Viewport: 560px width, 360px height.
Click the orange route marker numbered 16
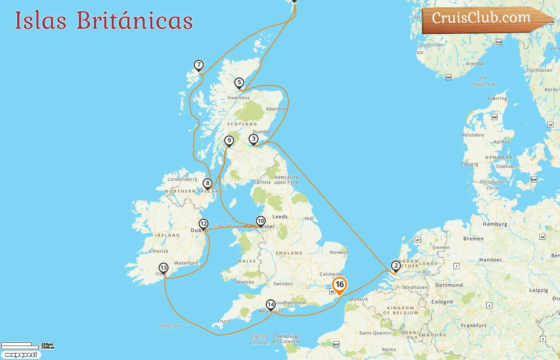click(x=340, y=285)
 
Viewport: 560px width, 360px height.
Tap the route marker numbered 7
click(x=199, y=65)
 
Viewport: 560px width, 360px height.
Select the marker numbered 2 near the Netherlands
click(x=396, y=266)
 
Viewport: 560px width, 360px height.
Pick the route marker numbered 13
click(x=164, y=268)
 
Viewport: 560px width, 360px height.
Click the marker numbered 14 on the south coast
click(x=271, y=305)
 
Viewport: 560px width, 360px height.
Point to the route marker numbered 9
click(x=229, y=141)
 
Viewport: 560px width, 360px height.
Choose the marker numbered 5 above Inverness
click(x=239, y=83)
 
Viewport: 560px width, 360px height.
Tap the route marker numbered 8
click(x=207, y=184)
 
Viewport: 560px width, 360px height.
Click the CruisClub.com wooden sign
click(x=484, y=19)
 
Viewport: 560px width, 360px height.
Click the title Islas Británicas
click(x=104, y=20)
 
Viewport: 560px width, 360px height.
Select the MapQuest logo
click(x=21, y=355)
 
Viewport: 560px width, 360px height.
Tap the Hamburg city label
click(x=495, y=224)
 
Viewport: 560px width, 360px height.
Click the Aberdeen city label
click(x=277, y=109)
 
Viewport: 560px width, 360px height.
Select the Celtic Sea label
click(x=170, y=326)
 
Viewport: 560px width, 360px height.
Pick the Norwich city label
click(x=339, y=252)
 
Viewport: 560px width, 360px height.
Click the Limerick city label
click(x=159, y=251)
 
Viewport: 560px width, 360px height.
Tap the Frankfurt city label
click(x=474, y=326)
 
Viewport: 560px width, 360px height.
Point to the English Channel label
click(x=259, y=339)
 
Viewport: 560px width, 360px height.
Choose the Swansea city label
click(x=244, y=282)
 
